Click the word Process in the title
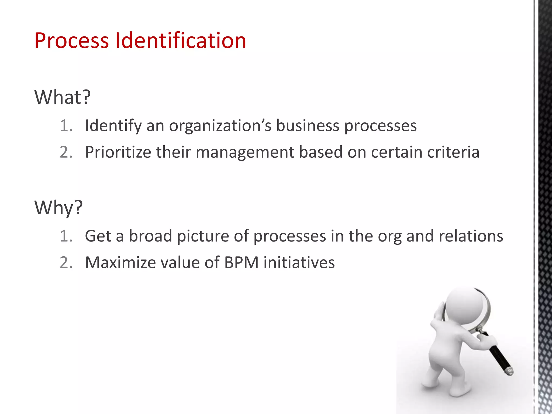click(71, 41)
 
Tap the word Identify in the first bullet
click(113, 126)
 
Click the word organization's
click(220, 126)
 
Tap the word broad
click(150, 236)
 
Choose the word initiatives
click(299, 263)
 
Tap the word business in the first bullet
click(308, 126)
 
